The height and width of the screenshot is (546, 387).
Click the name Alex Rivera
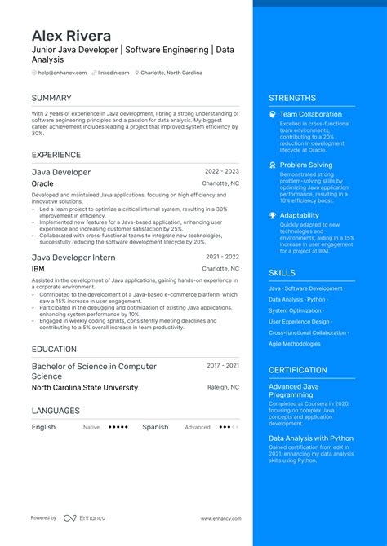[72, 36]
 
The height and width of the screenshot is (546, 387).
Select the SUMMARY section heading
[51, 98]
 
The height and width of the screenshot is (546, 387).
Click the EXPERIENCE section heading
[56, 155]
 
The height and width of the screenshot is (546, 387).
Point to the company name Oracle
[42, 184]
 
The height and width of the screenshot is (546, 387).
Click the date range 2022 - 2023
[222, 172]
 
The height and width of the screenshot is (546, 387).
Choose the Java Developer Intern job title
[73, 258]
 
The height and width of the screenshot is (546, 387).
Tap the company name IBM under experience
[38, 269]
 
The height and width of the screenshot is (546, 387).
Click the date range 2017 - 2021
[223, 366]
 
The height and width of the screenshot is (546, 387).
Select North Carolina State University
[85, 388]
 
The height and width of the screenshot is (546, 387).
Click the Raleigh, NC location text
[223, 388]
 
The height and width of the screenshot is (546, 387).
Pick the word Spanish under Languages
[155, 427]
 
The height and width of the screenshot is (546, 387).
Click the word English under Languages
[44, 427]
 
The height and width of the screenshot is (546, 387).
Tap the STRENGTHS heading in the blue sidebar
[292, 98]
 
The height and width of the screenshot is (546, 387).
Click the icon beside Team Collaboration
[273, 115]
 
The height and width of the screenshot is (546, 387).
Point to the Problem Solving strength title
[306, 165]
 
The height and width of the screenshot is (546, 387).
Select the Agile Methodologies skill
[295, 344]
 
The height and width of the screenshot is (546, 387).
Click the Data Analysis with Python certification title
[312, 438]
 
